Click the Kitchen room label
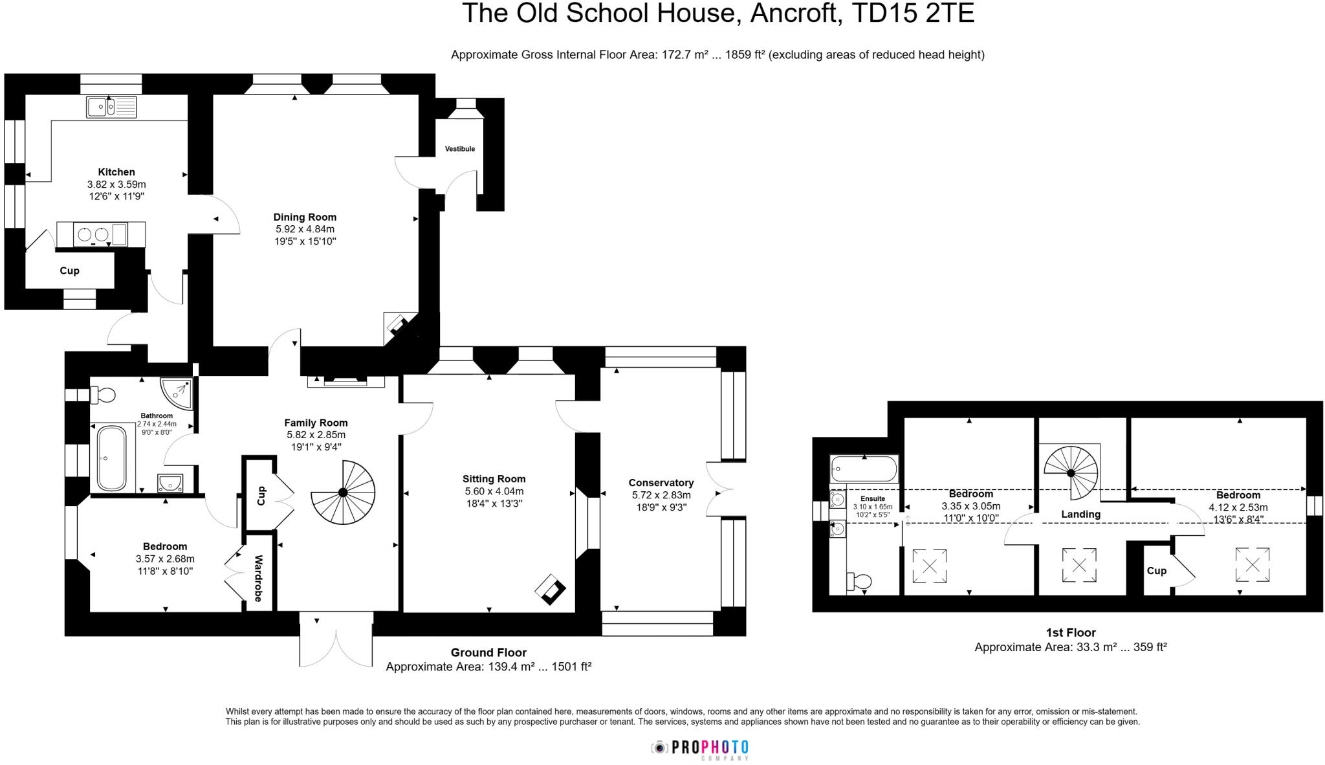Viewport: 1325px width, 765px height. (116, 172)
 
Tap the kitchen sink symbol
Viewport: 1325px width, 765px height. (111, 107)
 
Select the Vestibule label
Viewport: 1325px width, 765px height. (460, 149)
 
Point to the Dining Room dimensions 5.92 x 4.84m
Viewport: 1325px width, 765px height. (305, 229)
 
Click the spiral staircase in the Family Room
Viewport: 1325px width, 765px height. (343, 492)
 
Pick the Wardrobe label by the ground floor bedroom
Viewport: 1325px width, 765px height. (258, 578)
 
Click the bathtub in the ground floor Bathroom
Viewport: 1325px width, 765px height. (112, 458)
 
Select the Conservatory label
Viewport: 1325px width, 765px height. (661, 483)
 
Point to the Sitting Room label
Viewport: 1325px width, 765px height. (494, 479)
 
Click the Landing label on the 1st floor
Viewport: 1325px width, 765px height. (1080, 515)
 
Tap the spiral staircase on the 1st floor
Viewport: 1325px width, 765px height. (1071, 472)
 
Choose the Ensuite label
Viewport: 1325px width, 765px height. (873, 499)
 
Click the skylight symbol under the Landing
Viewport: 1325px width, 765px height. (1079, 565)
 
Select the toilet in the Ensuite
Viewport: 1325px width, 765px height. (860, 581)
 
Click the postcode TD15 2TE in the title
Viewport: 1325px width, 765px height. (912, 14)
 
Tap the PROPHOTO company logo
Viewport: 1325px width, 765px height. (700, 748)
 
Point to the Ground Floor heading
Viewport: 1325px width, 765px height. (488, 652)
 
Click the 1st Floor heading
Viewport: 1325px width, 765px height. (1071, 632)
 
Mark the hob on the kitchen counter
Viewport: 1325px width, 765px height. (93, 234)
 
